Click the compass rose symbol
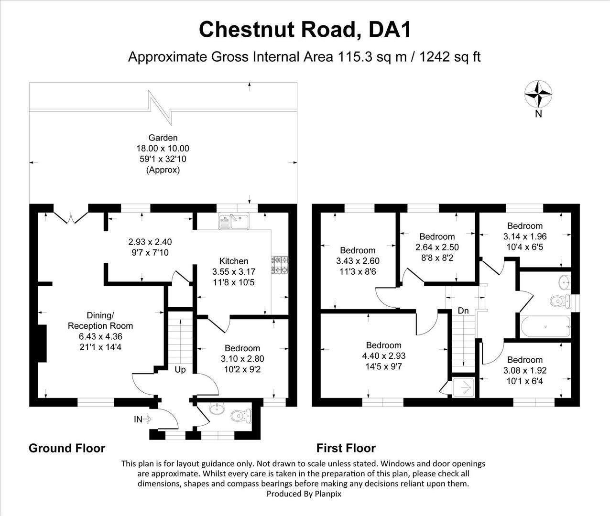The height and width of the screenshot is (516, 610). [x=538, y=94]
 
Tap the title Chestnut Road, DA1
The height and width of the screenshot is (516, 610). [x=305, y=29]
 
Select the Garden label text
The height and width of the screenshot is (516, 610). [x=163, y=138]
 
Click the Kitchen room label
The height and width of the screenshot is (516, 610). [x=234, y=261]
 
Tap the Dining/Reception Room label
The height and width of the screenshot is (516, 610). [x=100, y=321]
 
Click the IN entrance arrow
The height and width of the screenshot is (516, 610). [x=142, y=419]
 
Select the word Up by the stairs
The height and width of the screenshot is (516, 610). [x=180, y=370]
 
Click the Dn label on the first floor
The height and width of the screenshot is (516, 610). [x=463, y=311]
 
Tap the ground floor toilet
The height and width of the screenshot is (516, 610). [x=240, y=416]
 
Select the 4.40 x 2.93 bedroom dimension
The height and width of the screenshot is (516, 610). [x=384, y=356]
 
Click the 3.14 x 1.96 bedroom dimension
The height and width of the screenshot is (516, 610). [x=525, y=236]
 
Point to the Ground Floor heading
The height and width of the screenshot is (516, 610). [x=67, y=448]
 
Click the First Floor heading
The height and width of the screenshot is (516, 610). [x=346, y=448]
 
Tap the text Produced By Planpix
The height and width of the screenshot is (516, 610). [x=304, y=494]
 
